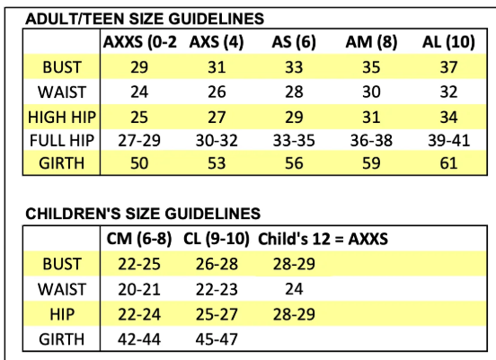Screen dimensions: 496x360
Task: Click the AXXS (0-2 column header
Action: pyautogui.click(x=140, y=42)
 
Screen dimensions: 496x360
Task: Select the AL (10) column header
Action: pyautogui.click(x=448, y=42)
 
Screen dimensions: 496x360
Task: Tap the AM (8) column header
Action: pyautogui.click(x=371, y=42)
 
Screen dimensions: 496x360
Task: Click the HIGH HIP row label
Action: pyautogui.click(x=62, y=118)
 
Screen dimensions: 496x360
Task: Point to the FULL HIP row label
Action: pyautogui.click(x=62, y=141)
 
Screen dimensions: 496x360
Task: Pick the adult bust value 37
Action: pyautogui.click(x=448, y=67)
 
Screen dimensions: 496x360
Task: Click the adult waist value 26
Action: pyautogui.click(x=217, y=92)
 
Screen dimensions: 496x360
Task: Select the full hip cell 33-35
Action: pyautogui.click(x=294, y=141)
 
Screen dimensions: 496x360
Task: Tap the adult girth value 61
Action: pyautogui.click(x=448, y=163)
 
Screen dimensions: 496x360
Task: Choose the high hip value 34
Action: pyautogui.click(x=448, y=118)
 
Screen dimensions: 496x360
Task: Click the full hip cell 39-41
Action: pyautogui.click(x=448, y=141)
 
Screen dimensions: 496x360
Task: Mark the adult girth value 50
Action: pyautogui.click(x=139, y=163)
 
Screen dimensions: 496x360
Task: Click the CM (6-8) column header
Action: pyautogui.click(x=139, y=239)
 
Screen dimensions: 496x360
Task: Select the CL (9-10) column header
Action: pyautogui.click(x=217, y=239)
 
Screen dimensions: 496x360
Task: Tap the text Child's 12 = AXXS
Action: pyautogui.click(x=323, y=239)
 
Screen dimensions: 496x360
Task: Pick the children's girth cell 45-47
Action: pyautogui.click(x=217, y=339)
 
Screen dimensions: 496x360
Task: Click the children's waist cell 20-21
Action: pyautogui.click(x=139, y=289)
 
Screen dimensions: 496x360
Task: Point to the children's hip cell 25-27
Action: pyautogui.click(x=217, y=314)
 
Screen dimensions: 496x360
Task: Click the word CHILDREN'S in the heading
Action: pyautogui.click(x=73, y=214)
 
